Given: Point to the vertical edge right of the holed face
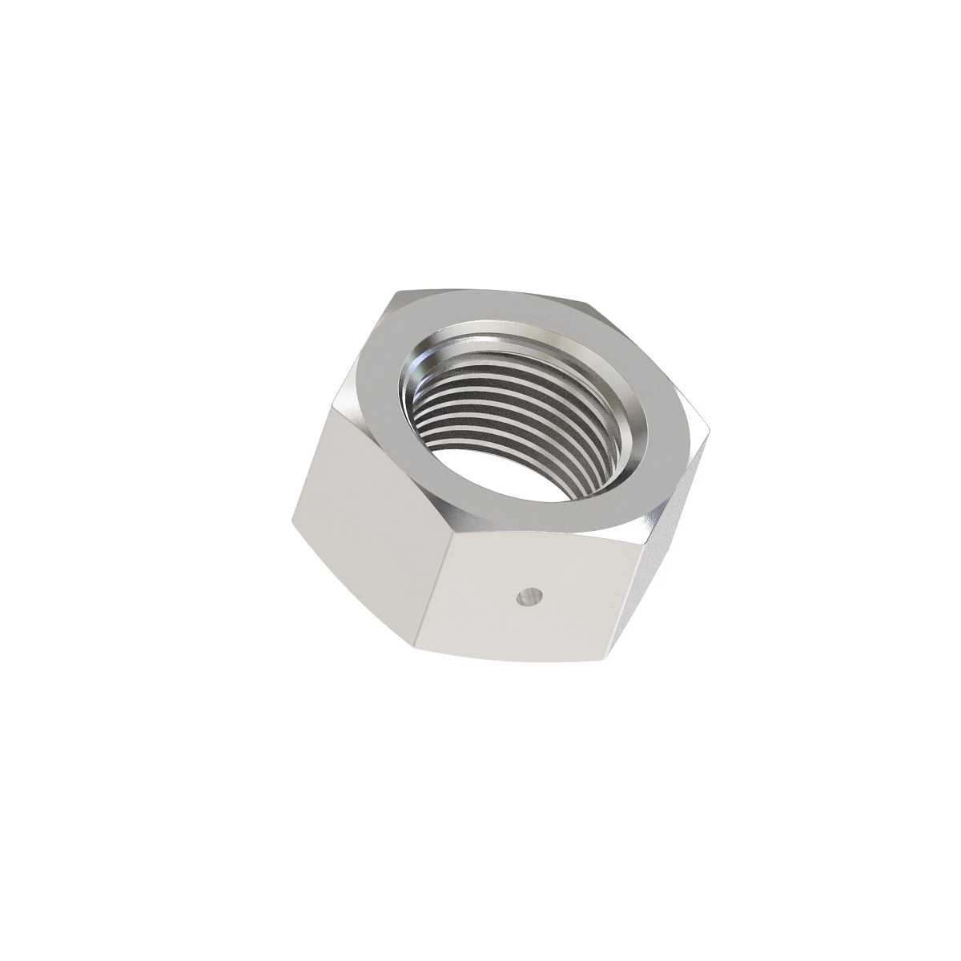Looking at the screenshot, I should point(641,601).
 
